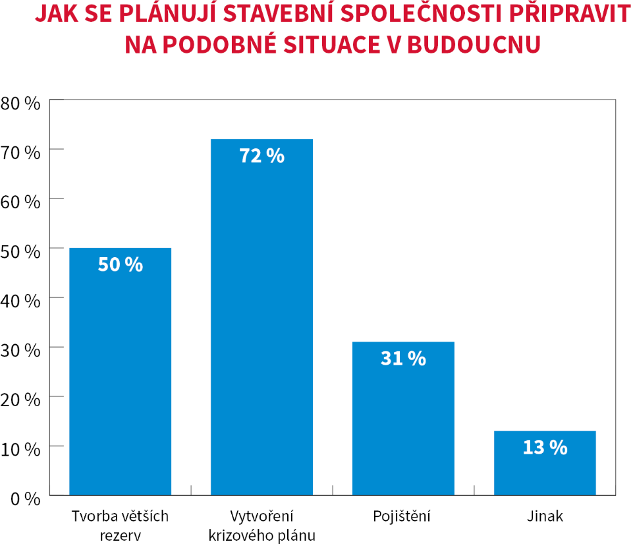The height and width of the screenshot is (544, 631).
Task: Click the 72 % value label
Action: pos(261,156)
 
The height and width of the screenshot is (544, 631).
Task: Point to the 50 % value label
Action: pos(120,264)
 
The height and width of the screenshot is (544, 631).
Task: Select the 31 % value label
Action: pos(403,359)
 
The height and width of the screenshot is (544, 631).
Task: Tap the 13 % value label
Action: pos(545,448)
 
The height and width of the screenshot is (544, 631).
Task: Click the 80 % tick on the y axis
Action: pos(21,102)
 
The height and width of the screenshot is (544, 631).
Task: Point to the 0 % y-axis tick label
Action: pos(25,499)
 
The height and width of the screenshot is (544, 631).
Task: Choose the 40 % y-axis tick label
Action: pos(21,300)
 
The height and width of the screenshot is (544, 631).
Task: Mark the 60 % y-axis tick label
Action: pos(21,201)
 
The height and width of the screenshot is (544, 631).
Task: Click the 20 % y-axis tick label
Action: pos(21,399)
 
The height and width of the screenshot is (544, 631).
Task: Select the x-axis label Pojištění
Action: pos(403,516)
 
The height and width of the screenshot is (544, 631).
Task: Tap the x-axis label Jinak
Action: pos(545,516)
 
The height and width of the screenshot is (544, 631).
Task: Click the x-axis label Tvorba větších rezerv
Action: pos(120,525)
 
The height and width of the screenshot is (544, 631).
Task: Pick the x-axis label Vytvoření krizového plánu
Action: pos(261,525)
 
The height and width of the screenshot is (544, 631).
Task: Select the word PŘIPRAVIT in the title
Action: pos(566,15)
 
